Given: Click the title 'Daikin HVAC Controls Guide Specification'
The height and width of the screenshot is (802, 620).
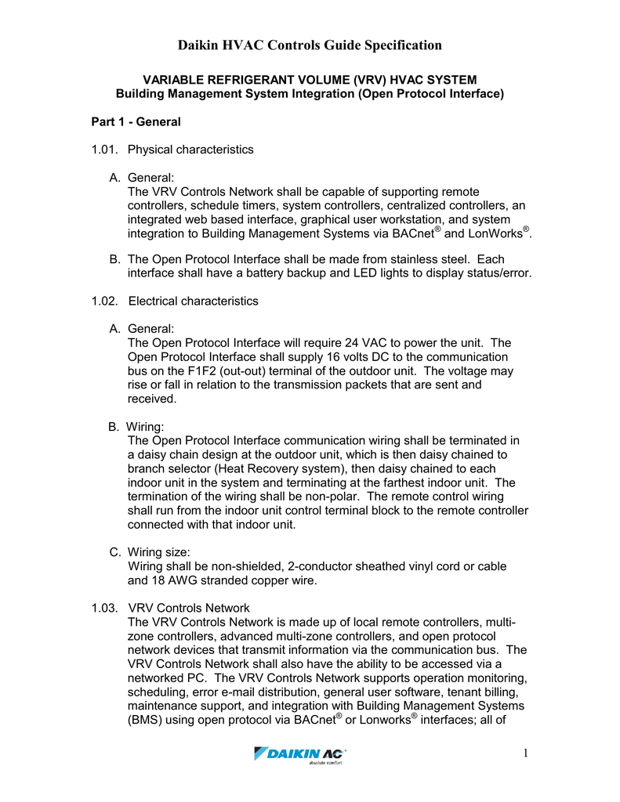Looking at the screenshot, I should [x=310, y=45].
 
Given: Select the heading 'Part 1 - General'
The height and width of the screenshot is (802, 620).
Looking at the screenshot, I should [x=136, y=122].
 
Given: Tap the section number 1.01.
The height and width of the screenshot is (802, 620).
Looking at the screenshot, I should [x=104, y=149].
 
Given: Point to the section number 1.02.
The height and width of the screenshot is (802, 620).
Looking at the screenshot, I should [x=104, y=301].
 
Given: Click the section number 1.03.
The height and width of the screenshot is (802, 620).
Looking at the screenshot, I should [x=104, y=607].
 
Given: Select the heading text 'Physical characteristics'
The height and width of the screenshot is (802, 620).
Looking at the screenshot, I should [x=190, y=149].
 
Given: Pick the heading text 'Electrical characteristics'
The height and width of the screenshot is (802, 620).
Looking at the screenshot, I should [x=193, y=301].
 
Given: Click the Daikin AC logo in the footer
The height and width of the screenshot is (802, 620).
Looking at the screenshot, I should [x=301, y=755].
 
